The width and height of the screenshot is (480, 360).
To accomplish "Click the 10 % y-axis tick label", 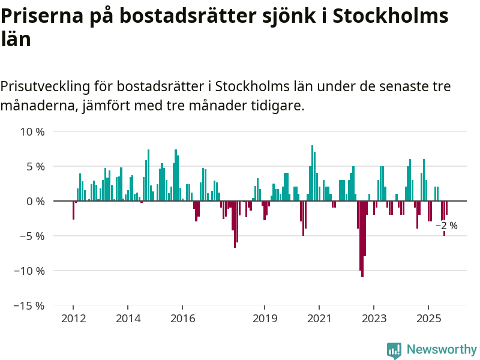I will point(32,131).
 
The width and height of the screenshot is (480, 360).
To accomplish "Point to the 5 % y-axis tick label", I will point(34,166).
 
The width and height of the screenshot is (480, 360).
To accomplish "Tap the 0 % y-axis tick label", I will point(34,201).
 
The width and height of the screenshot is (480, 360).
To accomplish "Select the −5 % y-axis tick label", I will point(32,236).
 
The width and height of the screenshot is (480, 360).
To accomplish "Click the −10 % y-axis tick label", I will point(29,271).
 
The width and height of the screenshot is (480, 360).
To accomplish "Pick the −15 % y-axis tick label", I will point(29,305).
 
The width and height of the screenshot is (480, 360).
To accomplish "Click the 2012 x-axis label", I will point(73,318).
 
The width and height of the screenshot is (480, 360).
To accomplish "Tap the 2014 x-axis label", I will point(128,318).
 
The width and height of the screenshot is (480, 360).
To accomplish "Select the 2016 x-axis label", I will point(183,318).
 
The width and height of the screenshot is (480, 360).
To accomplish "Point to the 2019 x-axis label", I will point(265,318).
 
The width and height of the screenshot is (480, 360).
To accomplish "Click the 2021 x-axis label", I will point(320,318).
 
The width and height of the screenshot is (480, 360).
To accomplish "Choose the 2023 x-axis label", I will point(374,318).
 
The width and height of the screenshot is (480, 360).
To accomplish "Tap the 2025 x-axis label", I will point(429,318).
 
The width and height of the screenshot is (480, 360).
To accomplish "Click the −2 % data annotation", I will point(446,226).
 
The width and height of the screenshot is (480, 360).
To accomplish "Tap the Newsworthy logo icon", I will point(394,350).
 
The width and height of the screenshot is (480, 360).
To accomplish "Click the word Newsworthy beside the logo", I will point(442,349).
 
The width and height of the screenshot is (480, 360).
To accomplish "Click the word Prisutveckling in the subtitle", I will point(44,86).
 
